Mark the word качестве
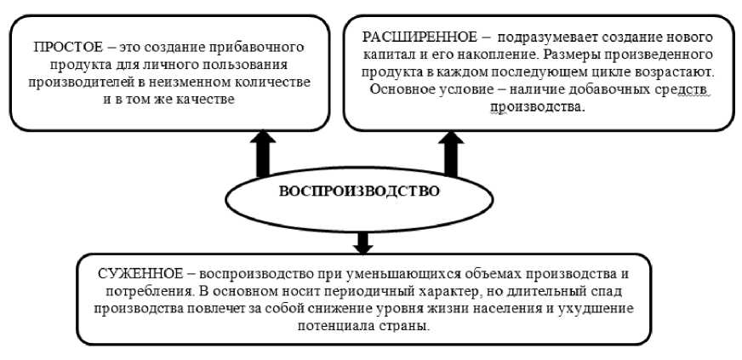click(205, 100)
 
